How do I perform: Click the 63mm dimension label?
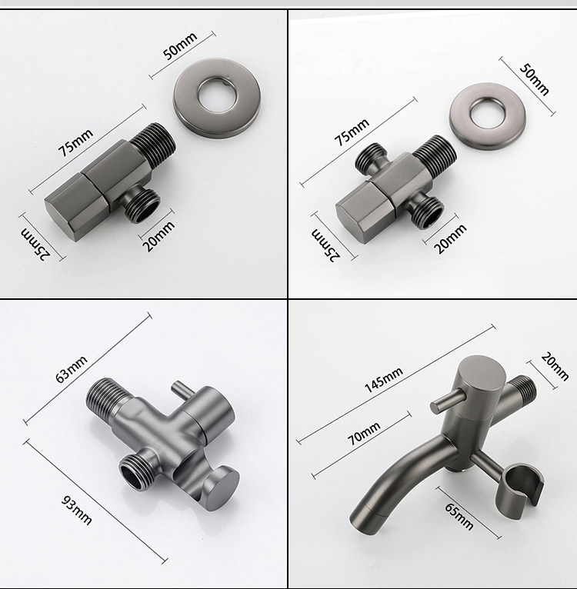pos(72,369)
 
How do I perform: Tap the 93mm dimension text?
pos(76,510)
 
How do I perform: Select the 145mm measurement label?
pos(384,380)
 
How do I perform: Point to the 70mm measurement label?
pos(363,433)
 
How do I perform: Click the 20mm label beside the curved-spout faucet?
pos(555,367)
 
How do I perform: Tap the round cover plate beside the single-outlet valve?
pos(216,98)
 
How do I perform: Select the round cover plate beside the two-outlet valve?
pos(488,116)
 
